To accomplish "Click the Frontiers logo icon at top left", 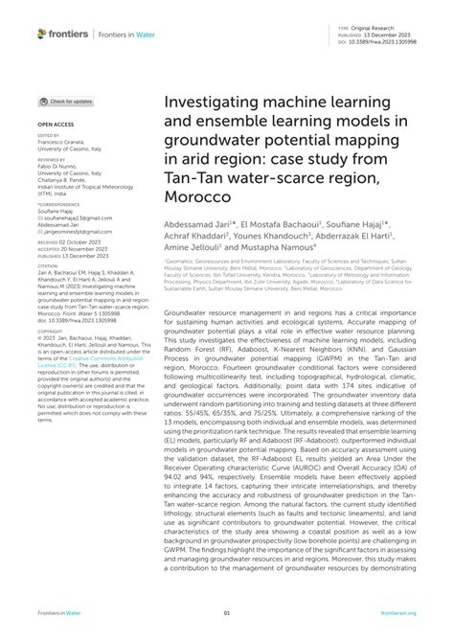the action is (x=43, y=33).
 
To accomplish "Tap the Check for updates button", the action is (x=66, y=101).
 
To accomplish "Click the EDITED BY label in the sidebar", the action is (x=49, y=136).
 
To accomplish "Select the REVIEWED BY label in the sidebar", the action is (x=53, y=161).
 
